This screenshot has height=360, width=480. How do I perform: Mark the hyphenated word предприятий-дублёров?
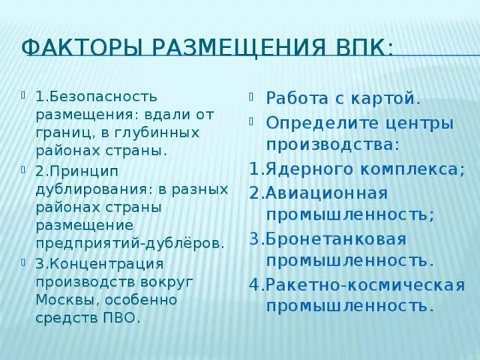pyautogui.click(x=129, y=243)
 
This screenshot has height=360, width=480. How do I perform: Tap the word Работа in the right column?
pyautogui.click(x=297, y=97)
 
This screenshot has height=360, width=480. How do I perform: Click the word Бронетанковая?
pyautogui.click(x=335, y=239)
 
